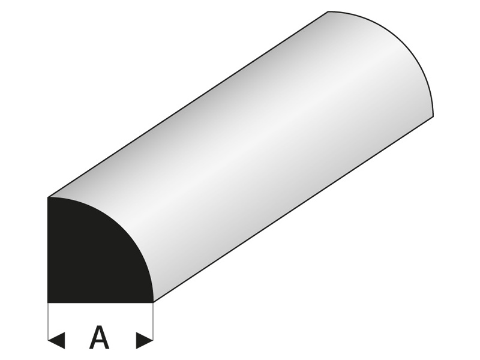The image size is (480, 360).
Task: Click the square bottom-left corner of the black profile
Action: pyautogui.click(x=49, y=182)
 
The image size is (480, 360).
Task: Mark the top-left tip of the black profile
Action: pyautogui.click(x=49, y=197)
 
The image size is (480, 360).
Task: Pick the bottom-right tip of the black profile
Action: pyautogui.click(x=153, y=182)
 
